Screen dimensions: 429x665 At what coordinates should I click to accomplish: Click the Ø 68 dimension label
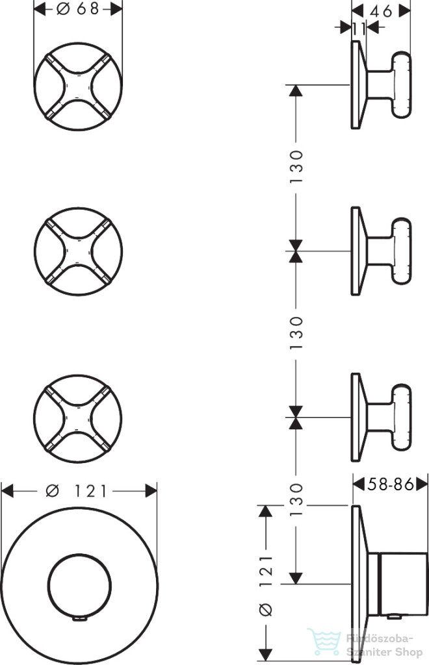pos(77,8)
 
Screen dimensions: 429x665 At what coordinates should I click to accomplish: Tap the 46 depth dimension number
pos(381,11)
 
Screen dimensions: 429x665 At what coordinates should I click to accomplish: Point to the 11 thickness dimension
pos(359,29)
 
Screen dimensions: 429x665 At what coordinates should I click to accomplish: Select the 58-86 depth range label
pos(391,484)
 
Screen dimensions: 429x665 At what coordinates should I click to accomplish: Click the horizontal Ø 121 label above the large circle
pos(77,491)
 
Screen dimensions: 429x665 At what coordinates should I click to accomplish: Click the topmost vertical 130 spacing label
pos(296,167)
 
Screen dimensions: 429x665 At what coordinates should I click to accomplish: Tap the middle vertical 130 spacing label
pos(296,333)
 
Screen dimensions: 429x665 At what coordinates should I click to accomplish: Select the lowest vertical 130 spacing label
pos(296,499)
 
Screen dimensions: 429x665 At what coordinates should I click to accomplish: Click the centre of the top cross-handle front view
pos(78,86)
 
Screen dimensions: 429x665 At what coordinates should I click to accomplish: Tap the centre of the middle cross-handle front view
pos(78,252)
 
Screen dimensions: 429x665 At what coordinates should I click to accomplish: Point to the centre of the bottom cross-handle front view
pos(78,418)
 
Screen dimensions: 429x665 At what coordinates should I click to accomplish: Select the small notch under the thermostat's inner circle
pos(80,619)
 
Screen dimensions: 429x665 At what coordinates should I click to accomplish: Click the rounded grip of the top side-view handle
pos(402,85)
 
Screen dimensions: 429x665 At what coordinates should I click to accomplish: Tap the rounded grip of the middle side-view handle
pos(402,251)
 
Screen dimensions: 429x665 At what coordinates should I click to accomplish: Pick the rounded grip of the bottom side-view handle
pos(402,418)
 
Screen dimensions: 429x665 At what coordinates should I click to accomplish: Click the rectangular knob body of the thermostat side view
pos(404,584)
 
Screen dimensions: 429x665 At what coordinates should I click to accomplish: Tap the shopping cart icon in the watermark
pos(324,641)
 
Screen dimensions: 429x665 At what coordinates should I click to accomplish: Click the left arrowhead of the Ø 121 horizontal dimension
pos(8,491)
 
